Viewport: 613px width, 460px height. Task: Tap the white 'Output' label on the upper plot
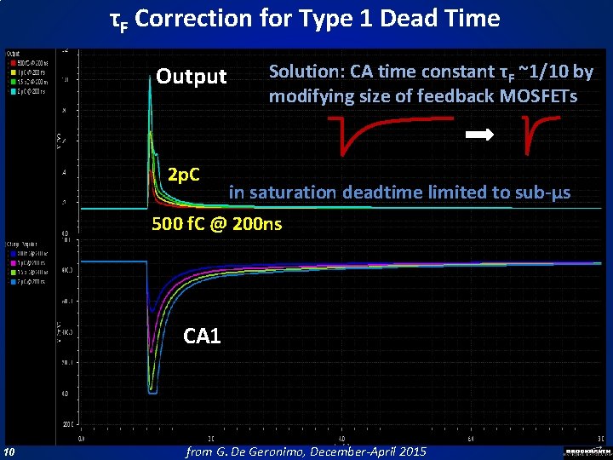192,78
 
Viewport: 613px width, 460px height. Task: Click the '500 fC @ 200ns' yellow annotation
217,225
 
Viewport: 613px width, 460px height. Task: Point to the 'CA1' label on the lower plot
202,336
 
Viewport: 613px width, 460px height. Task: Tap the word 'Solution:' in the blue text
306,72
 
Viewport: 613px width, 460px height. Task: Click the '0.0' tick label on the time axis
83,440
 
